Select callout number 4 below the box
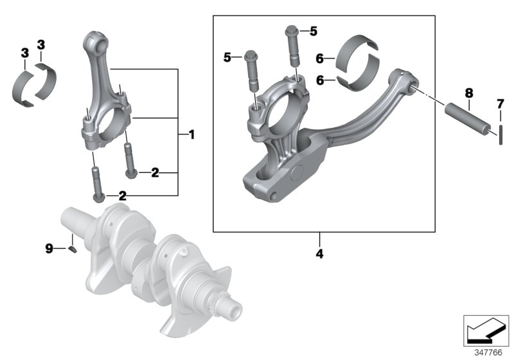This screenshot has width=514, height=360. click(x=319, y=253)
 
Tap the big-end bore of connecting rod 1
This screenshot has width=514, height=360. click(x=107, y=120)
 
